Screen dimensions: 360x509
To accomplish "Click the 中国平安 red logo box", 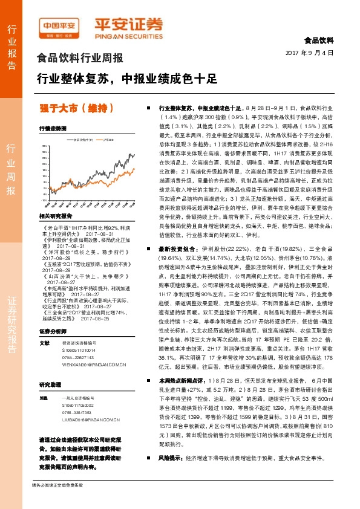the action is (59, 25).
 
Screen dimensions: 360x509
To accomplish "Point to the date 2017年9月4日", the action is (309, 53).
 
